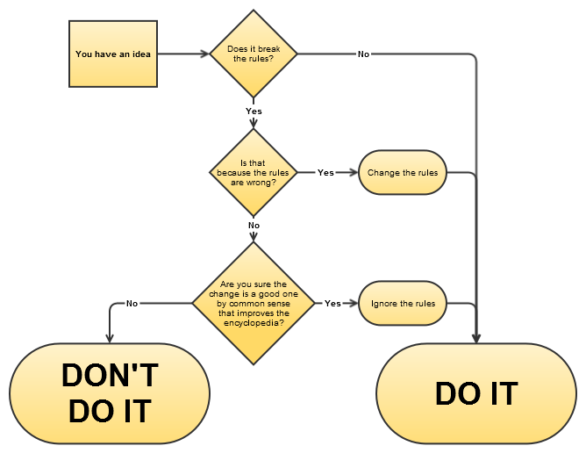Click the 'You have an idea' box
(113, 54)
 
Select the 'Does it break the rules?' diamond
(254, 54)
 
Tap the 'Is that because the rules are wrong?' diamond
(254, 172)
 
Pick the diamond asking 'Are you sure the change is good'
(254, 304)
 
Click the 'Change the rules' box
(403, 173)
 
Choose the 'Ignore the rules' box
(403, 304)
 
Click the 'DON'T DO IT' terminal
(110, 392)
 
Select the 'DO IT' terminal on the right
(476, 392)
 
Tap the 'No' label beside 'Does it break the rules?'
(363, 54)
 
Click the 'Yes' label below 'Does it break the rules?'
(254, 111)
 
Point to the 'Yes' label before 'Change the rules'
(325, 173)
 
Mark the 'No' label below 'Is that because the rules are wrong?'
(254, 225)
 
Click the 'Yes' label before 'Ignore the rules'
(332, 304)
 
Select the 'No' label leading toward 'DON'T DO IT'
(132, 304)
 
